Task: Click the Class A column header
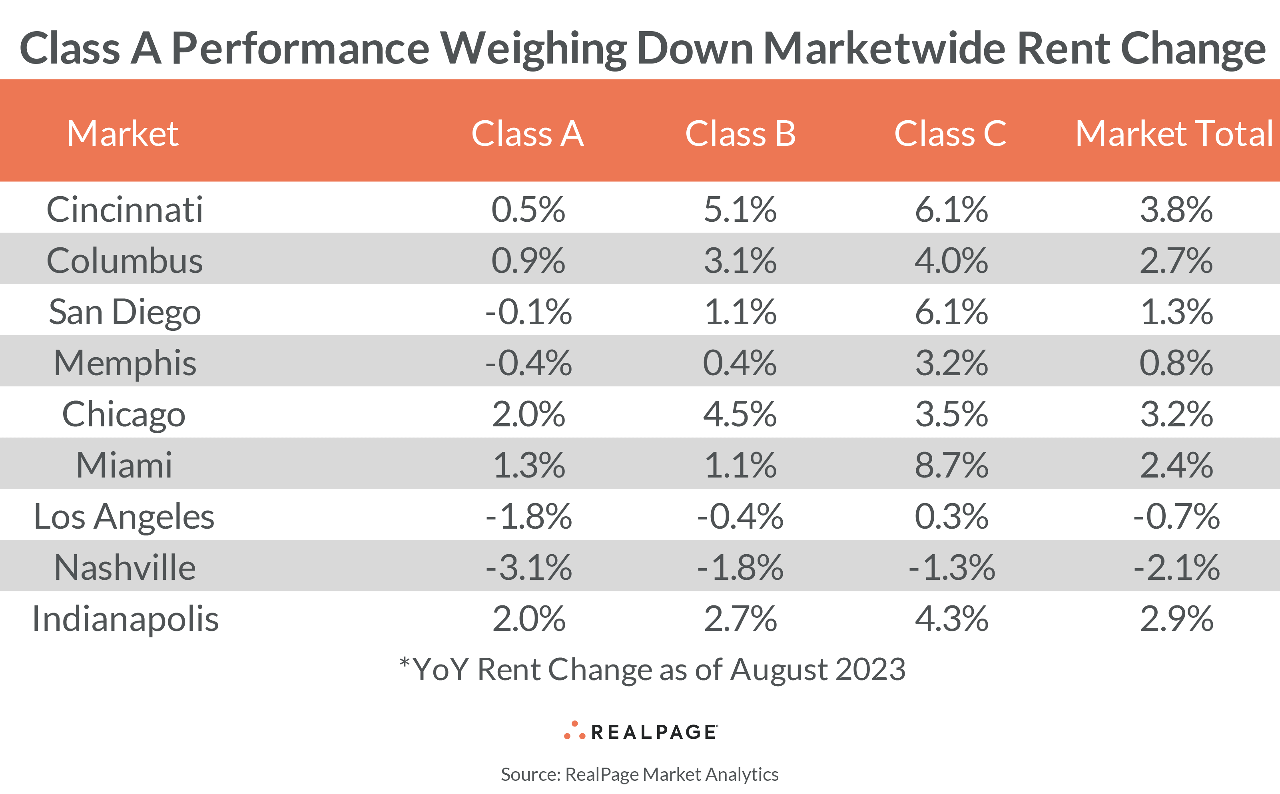pos(527,133)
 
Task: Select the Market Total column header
pos(1174,133)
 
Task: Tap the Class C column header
pos(950,133)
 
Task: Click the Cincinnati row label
pos(124,209)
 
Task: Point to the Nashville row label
pos(124,568)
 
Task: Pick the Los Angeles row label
pos(124,517)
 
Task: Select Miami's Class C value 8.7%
pos(951,465)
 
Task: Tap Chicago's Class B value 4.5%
pos(740,414)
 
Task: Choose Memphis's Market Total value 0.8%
pos(1176,363)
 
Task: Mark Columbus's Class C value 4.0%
pos(951,261)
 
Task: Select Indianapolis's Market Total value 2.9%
pos(1176,619)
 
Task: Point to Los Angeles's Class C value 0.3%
pos(951,517)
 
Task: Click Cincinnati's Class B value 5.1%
pos(740,209)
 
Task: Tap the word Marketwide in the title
pos(885,48)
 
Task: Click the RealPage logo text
pos(654,732)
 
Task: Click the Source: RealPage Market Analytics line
pos(640,774)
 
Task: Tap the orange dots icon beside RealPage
pos(574,731)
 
